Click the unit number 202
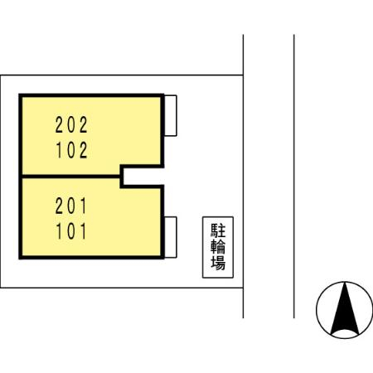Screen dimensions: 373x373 pos(71,125)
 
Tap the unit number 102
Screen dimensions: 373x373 pos(72,150)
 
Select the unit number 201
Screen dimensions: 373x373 pos(71,206)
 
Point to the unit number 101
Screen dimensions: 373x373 pos(71,230)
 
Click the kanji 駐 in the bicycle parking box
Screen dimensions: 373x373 pos(218,230)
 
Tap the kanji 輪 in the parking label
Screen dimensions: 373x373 pos(218,247)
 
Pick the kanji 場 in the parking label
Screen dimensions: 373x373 pos(218,263)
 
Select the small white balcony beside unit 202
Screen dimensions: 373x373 pos(171,115)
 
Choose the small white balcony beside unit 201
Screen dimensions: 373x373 pos(171,237)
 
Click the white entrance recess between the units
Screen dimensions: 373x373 pos(143,177)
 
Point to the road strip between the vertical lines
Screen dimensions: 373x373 pos(269,177)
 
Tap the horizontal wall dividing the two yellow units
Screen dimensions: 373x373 pos(71,177)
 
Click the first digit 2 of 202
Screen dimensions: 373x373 pos(60,125)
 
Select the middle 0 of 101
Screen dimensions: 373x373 pos(71,231)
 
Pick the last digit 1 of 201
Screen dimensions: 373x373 pos(83,206)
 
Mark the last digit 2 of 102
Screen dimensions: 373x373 pos(84,150)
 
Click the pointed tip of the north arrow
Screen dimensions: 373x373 pos(345,283)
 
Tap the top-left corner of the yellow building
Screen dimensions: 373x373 pos(20,95)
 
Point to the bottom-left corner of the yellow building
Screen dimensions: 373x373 pos(20,258)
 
